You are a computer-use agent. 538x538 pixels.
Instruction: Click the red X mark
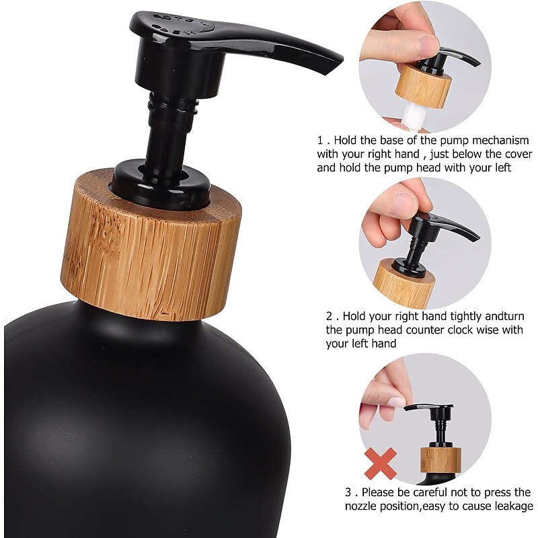380,463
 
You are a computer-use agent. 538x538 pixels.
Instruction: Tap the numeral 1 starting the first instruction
321,141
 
